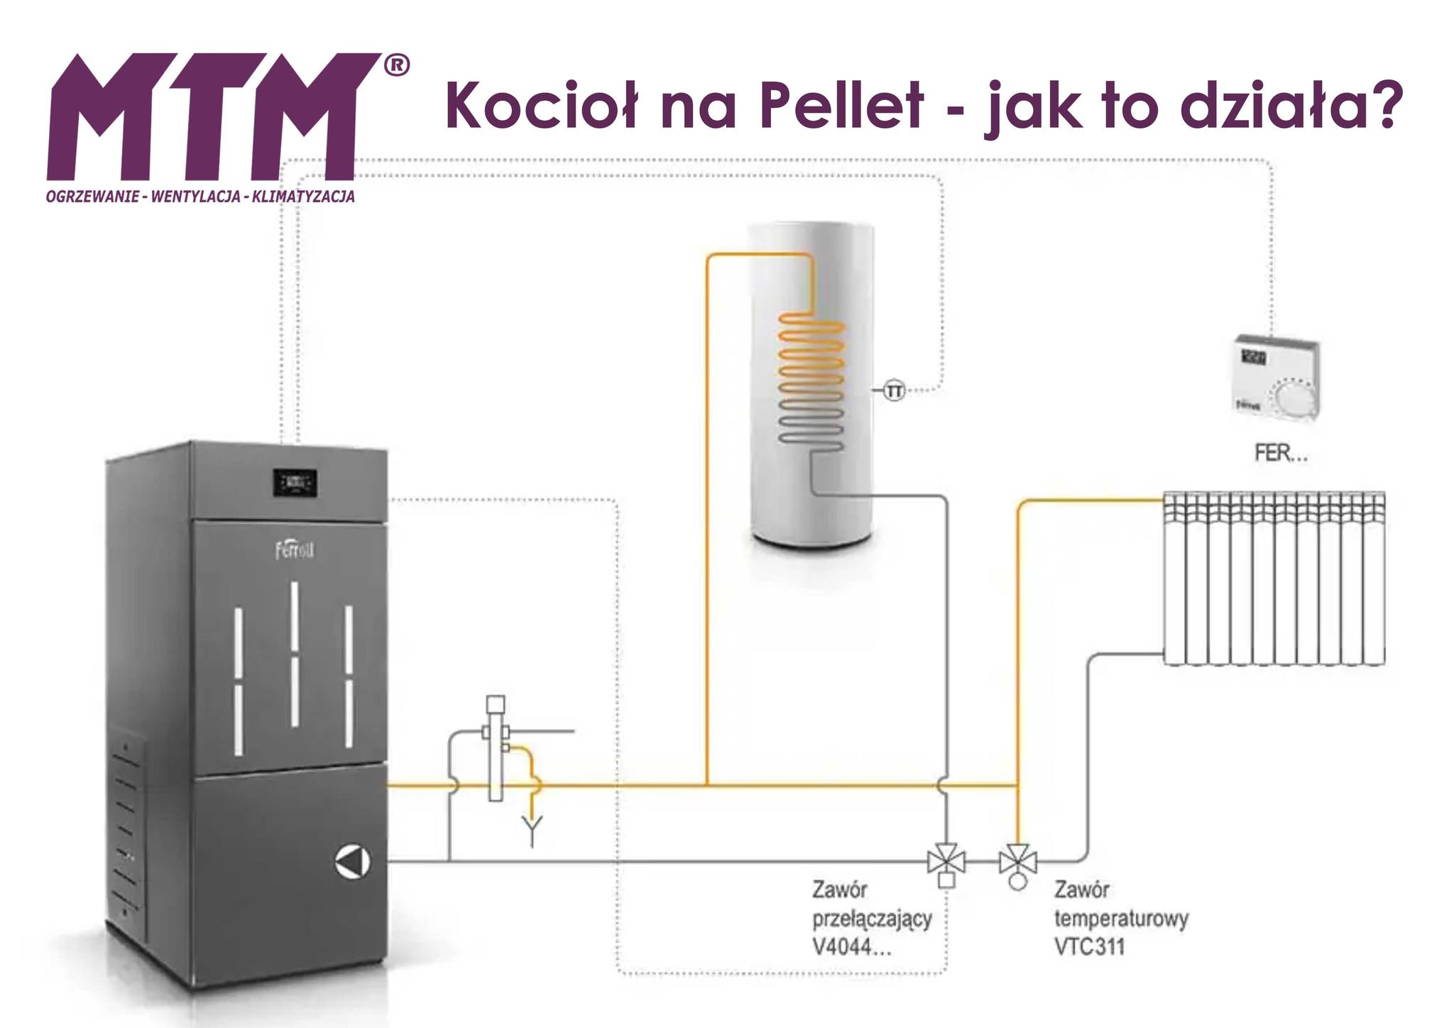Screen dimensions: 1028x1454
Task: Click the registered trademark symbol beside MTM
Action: [396, 65]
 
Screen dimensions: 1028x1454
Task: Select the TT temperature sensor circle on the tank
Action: [895, 390]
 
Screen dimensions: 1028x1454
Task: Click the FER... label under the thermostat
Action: [1280, 454]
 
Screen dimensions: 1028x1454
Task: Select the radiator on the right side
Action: [1274, 579]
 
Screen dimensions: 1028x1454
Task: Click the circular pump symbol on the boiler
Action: [352, 861]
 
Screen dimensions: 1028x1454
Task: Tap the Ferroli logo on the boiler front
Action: [295, 551]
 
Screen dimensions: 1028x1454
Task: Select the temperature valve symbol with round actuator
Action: [1017, 863]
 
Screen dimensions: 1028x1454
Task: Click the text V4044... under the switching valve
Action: [851, 948]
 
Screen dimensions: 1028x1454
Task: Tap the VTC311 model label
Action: [1090, 948]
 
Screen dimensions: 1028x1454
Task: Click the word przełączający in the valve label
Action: [872, 919]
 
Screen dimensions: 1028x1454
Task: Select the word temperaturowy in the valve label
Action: [1121, 919]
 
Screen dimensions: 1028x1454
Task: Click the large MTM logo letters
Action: [213, 117]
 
